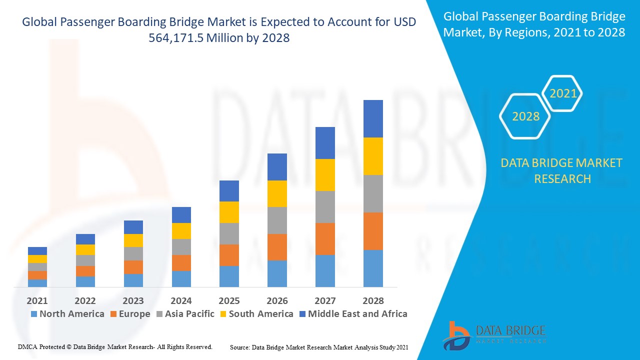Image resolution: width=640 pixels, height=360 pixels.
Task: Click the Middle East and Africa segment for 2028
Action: [373, 118]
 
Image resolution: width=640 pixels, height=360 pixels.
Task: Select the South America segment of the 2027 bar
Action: [325, 175]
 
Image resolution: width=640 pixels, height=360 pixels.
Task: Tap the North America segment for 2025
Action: [229, 276]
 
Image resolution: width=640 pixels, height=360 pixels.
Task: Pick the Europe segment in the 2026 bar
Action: [277, 247]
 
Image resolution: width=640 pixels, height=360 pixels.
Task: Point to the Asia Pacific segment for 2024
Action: [181, 247]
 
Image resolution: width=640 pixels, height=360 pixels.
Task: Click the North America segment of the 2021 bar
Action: [37, 283]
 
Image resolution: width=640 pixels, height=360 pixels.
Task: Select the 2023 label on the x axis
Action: [133, 300]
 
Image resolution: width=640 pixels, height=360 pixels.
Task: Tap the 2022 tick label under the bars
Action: [85, 300]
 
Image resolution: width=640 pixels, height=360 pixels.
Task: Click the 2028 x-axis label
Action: [373, 300]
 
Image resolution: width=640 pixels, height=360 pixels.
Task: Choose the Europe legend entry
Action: [134, 314]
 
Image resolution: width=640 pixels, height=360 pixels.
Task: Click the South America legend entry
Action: [260, 314]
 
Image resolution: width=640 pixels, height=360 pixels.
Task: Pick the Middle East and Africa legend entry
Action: [357, 314]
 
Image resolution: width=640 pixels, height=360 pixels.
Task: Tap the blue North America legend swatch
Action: [34, 314]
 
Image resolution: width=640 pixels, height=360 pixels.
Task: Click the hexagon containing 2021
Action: [563, 93]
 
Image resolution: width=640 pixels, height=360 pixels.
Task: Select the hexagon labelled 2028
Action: [525, 116]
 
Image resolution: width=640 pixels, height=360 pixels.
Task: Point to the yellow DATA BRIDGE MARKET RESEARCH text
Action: [562, 170]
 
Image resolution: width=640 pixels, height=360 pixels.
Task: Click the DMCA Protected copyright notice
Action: [115, 346]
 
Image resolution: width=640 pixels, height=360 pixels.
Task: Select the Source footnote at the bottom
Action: [319, 347]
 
